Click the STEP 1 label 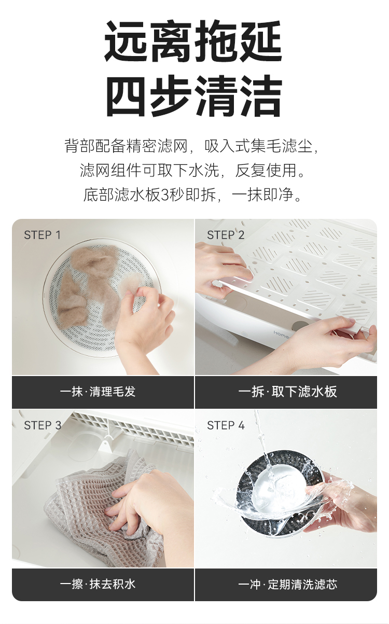click(x=42, y=235)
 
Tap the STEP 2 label click(x=226, y=235)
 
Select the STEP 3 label click(x=43, y=425)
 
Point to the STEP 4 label click(x=226, y=425)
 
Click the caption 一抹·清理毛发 click(x=98, y=392)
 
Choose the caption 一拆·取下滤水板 click(x=287, y=392)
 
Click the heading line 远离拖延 click(x=194, y=41)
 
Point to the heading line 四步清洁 click(x=194, y=95)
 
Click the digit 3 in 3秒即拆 click(x=165, y=195)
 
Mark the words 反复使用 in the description click(x=266, y=170)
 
